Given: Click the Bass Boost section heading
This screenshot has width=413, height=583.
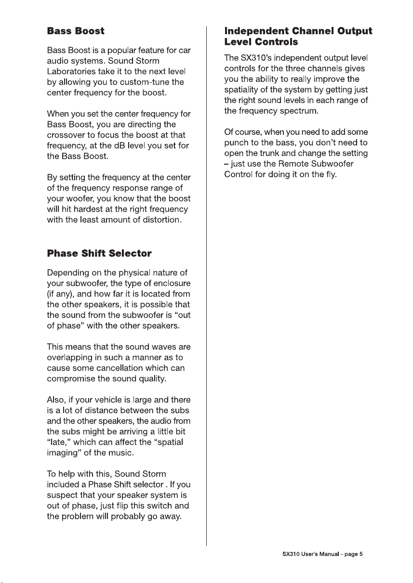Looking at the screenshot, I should click(76, 31).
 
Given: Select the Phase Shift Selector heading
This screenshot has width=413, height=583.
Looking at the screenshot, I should click(99, 253).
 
